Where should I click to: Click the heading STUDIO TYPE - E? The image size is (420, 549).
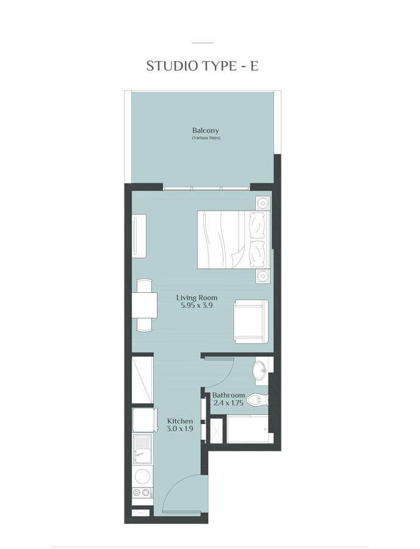coord(202,66)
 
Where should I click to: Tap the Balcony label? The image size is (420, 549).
coord(206,131)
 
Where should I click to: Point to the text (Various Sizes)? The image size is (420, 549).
coord(206,138)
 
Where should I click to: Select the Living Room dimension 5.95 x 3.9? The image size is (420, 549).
coord(197,306)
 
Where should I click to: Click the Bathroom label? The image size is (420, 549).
coord(228,395)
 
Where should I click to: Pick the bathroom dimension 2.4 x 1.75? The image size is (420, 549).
coord(228,403)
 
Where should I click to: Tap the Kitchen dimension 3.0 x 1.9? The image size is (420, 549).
coord(180,429)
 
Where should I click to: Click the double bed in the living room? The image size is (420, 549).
coord(233,240)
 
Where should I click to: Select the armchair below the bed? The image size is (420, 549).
coord(251,321)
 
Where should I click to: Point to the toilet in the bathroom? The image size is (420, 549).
coord(257,400)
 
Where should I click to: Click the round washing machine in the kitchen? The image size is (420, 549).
coord(143,477)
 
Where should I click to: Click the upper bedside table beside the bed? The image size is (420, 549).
coord(262,203)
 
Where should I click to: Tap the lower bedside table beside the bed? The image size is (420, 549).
coord(262,276)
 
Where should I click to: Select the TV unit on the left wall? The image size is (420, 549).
coord(139,236)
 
